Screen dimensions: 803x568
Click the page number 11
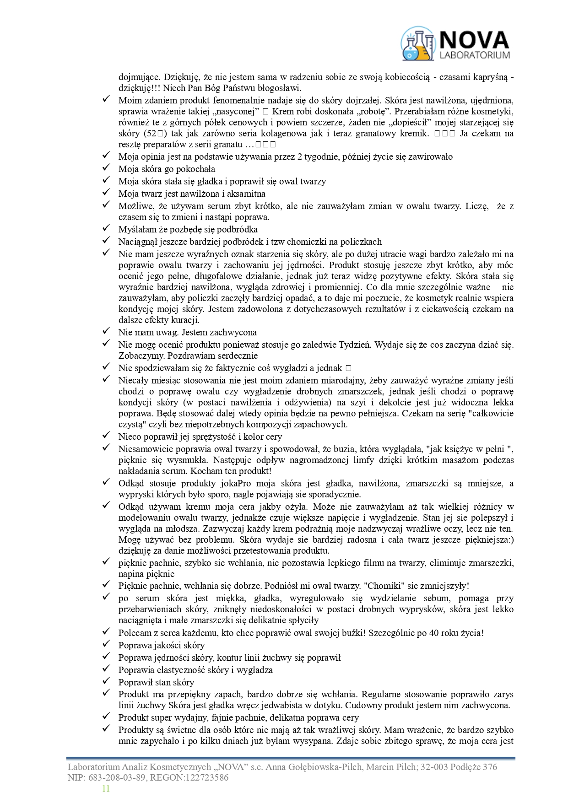tap(106, 788)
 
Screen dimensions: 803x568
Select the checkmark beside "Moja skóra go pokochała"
tap(106, 168)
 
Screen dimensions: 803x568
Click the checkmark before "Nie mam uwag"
tap(106, 331)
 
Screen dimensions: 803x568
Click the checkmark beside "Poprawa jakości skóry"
tap(106, 644)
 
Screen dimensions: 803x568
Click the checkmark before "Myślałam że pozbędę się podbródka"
tap(106, 228)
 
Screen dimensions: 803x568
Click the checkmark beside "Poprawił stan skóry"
tap(106, 681)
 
